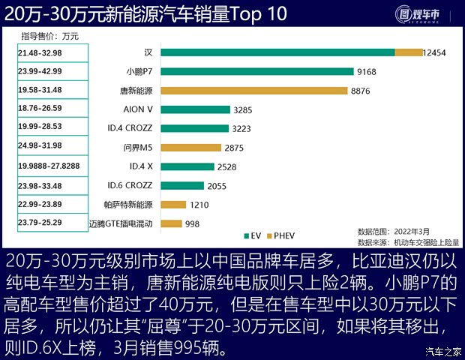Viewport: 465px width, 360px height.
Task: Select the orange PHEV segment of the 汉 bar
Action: tap(409, 52)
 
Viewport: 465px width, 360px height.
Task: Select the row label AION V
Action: tap(137, 109)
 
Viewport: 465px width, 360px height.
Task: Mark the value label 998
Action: tap(193, 223)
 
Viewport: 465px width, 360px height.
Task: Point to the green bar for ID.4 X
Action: tap(187, 166)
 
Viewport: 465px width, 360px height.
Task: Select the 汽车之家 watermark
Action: tap(442, 350)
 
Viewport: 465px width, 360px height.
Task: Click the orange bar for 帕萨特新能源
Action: tap(172, 204)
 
